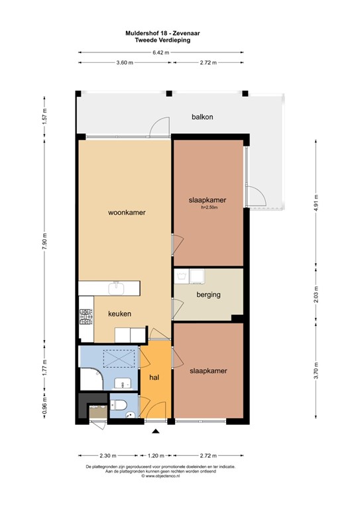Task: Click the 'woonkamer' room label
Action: pyautogui.click(x=127, y=213)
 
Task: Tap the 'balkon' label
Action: pyautogui.click(x=202, y=117)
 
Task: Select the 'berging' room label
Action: pyautogui.click(x=208, y=295)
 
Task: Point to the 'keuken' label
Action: pyautogui.click(x=120, y=314)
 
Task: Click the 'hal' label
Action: pyautogui.click(x=155, y=377)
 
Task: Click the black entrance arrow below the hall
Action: pyautogui.click(x=156, y=432)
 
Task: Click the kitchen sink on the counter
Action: pyautogui.click(x=116, y=287)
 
